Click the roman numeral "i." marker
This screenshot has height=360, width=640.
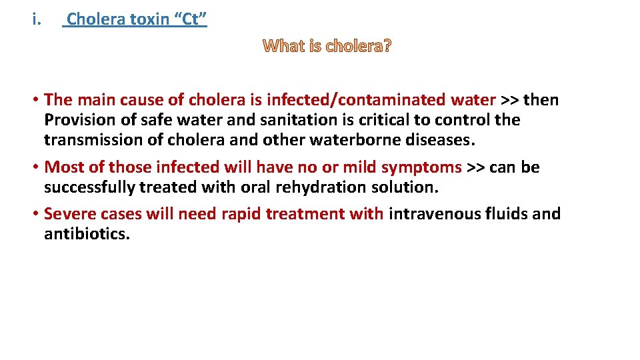click(36, 19)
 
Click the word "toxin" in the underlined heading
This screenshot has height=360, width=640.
click(149, 19)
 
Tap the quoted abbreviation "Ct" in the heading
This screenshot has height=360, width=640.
click(190, 19)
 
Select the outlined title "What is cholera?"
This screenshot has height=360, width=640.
click(327, 47)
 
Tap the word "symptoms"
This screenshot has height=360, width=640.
click(421, 167)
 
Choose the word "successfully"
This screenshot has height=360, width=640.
click(89, 187)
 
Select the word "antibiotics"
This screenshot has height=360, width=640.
click(86, 234)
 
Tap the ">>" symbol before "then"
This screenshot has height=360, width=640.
click(510, 100)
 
